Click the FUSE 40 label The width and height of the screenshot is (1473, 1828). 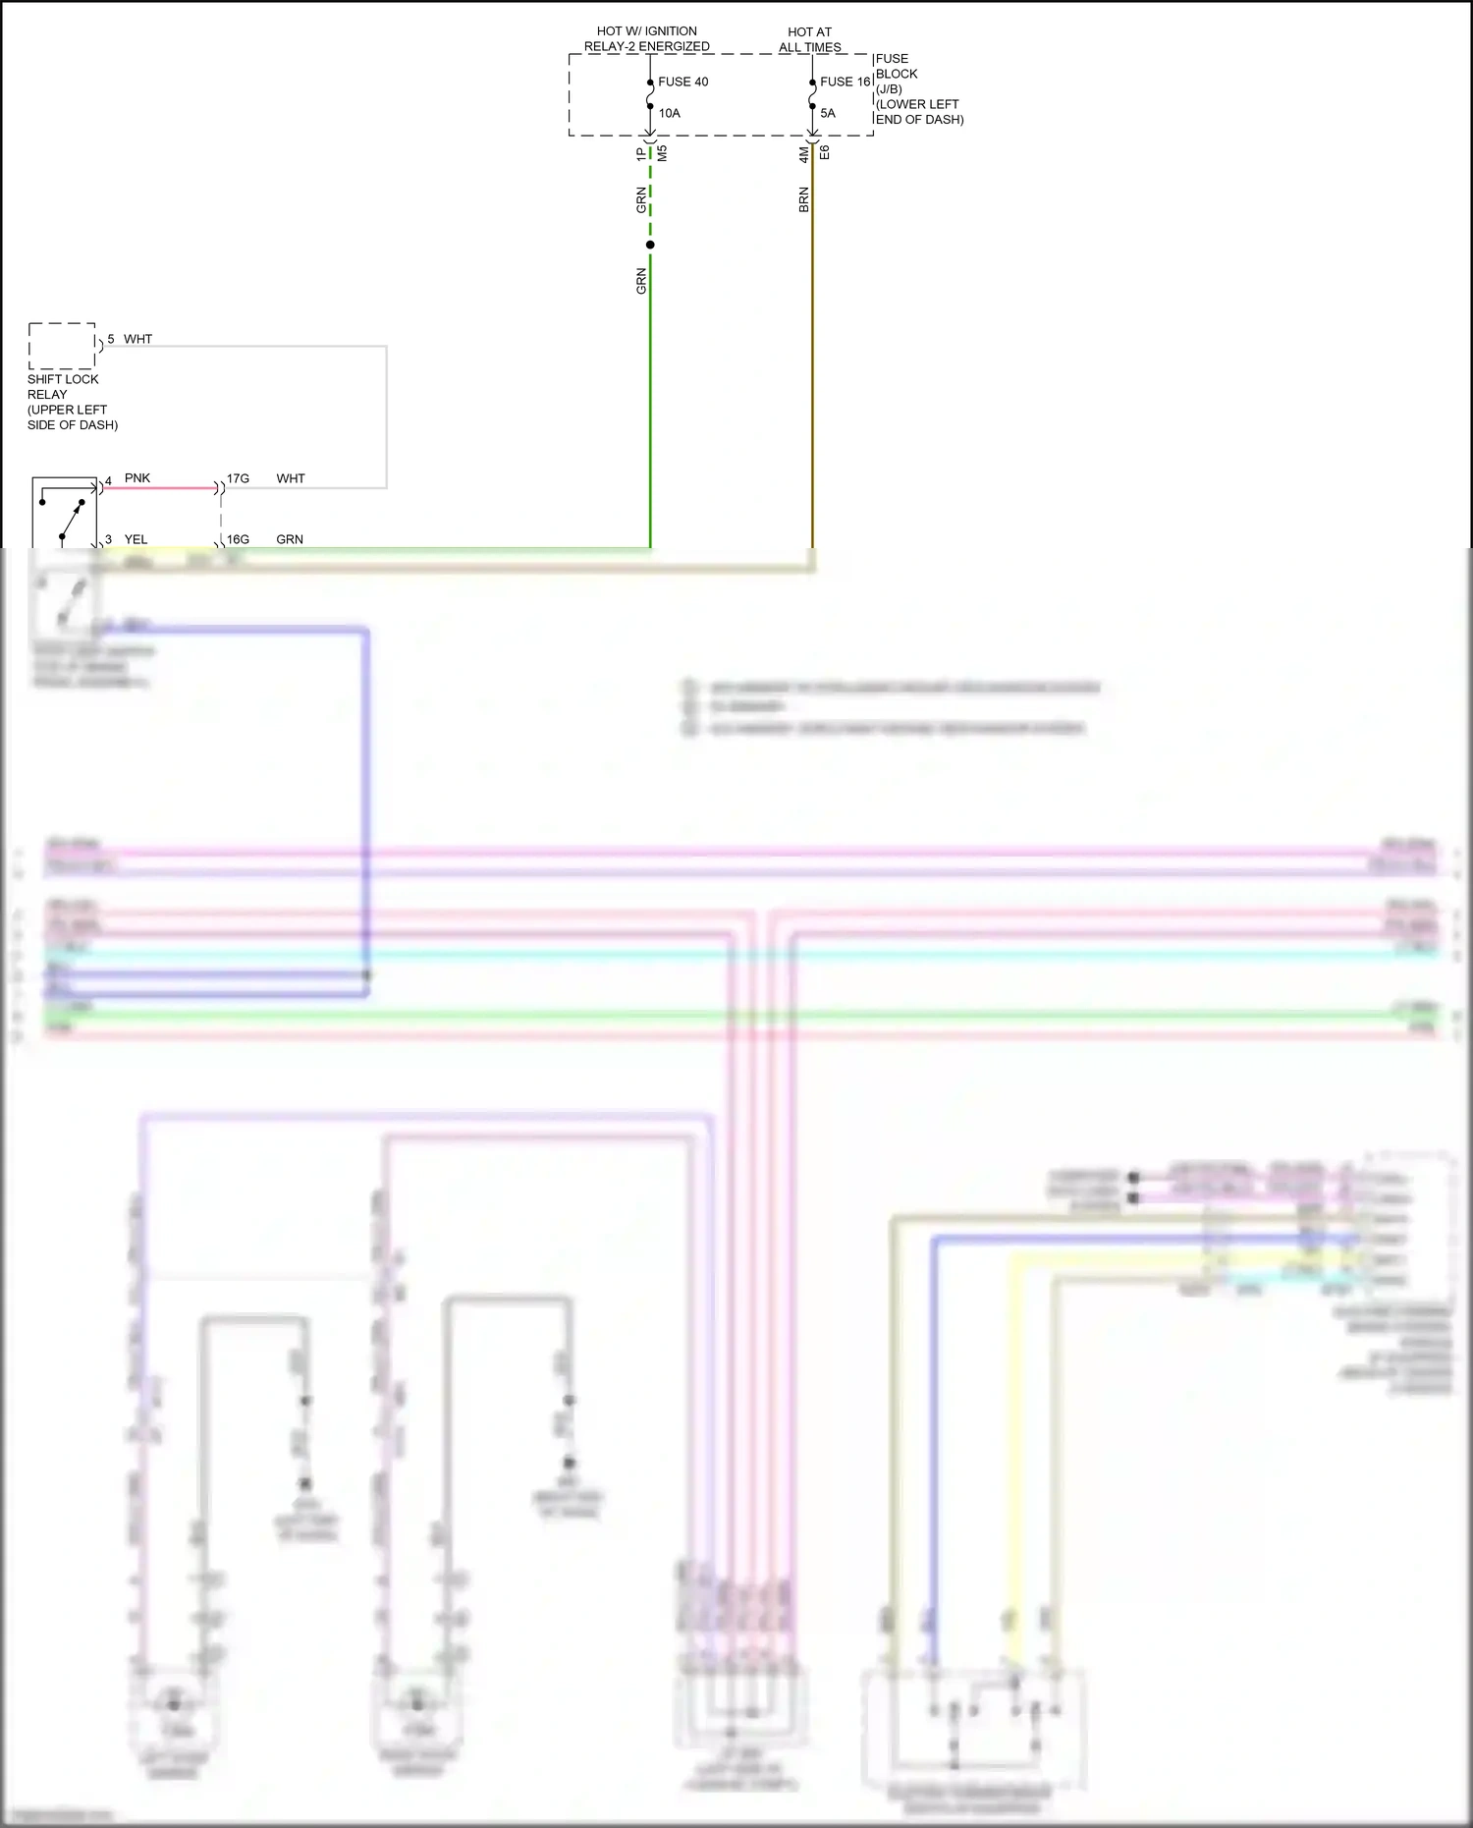(682, 82)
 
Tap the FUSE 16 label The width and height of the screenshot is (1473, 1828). (845, 82)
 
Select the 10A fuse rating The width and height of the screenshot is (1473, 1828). (669, 113)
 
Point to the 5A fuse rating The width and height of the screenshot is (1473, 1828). (828, 113)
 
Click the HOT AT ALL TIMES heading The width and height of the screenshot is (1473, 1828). (809, 39)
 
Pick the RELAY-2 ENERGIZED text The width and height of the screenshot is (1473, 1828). (646, 46)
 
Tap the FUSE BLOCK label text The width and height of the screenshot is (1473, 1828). (897, 66)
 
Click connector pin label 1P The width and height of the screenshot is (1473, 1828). (641, 154)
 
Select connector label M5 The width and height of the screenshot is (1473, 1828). (662, 153)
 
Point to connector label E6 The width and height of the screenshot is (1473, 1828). (825, 152)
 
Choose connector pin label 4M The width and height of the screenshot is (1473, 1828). (803, 154)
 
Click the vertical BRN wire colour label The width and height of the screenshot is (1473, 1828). (803, 199)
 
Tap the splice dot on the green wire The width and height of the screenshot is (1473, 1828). (650, 245)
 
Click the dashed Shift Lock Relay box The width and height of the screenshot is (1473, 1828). (63, 346)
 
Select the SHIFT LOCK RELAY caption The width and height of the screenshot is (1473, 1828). (72, 402)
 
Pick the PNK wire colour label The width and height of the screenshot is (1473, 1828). (137, 478)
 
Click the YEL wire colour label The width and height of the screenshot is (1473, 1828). (136, 539)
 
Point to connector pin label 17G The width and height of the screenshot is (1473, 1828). (238, 478)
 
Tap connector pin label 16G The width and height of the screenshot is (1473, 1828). (238, 539)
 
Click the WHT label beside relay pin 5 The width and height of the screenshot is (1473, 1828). (137, 339)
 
